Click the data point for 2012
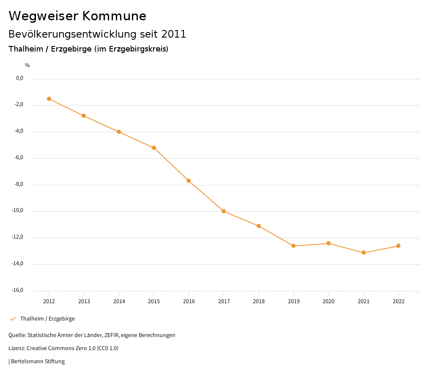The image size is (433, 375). click(x=49, y=99)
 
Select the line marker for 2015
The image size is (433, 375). click(x=154, y=148)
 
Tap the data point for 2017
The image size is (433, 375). click(x=224, y=211)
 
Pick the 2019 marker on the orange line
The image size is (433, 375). click(x=293, y=246)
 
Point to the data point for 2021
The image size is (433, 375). click(x=364, y=253)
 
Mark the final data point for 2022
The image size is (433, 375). click(x=398, y=246)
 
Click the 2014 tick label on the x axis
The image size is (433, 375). click(x=119, y=302)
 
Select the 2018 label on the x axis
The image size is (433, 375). click(x=259, y=302)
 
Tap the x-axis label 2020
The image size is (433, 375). click(x=329, y=302)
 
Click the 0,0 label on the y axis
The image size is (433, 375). click(x=19, y=78)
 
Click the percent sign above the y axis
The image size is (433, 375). click(x=27, y=65)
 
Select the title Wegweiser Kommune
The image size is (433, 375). click(x=77, y=16)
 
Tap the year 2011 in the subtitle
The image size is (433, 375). click(x=174, y=34)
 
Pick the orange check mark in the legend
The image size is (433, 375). click(x=13, y=319)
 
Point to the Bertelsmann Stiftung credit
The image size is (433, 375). click(x=38, y=361)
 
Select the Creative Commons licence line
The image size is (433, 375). click(x=63, y=348)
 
